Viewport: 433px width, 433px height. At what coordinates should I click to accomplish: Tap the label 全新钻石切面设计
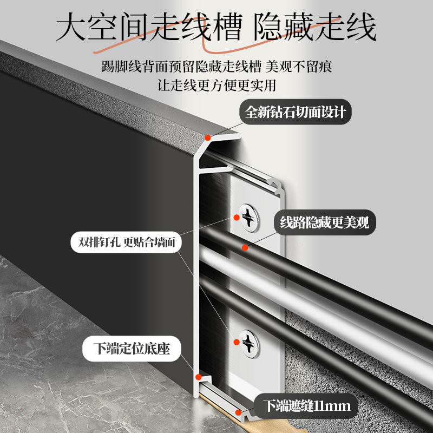(x=295, y=112)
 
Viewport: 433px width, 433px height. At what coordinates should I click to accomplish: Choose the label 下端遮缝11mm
(x=307, y=405)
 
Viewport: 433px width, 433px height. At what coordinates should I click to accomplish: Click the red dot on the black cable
(x=245, y=248)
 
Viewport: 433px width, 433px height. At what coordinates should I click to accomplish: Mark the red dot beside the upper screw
(x=236, y=217)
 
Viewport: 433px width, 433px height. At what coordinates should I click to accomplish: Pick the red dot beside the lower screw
(x=236, y=342)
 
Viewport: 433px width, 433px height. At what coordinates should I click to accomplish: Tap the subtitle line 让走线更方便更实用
(x=216, y=85)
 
